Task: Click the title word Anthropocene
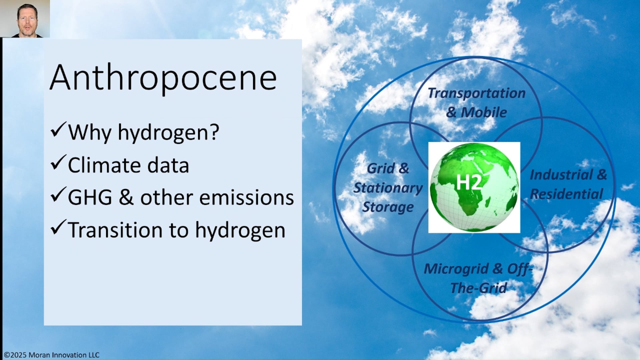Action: (x=163, y=78)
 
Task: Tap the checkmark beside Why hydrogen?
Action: (x=58, y=130)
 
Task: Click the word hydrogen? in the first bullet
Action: (x=168, y=133)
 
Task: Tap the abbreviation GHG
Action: (x=90, y=198)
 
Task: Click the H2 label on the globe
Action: (x=468, y=183)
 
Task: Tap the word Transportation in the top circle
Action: (x=476, y=93)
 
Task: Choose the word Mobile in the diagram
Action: (x=483, y=113)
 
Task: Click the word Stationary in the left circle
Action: (x=388, y=188)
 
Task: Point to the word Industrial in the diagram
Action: (x=561, y=175)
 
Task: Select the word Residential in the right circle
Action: (x=566, y=194)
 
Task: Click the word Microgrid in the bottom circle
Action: (x=456, y=269)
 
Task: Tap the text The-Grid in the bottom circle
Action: (x=478, y=288)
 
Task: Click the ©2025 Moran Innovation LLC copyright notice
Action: (x=52, y=355)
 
